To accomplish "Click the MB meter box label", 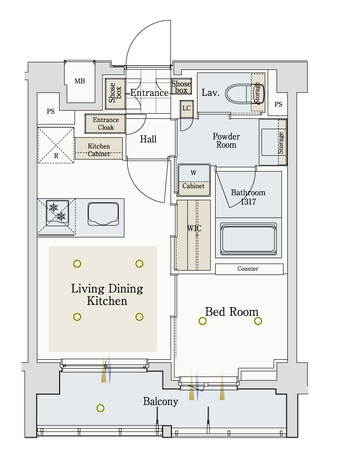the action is [80, 81].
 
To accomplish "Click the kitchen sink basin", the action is [103, 214].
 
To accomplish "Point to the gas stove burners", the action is [57, 212].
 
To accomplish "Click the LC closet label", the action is [187, 108].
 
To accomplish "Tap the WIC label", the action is [194, 228].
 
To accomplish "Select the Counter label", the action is [248, 269].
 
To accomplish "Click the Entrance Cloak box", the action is [105, 123].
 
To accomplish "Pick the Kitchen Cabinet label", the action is [99, 150].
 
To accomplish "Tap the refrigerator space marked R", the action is [56, 145].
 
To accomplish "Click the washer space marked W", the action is [193, 173].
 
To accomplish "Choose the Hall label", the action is [148, 139].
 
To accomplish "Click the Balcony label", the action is [161, 402].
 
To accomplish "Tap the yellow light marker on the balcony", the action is [101, 408].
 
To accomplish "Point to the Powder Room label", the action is [226, 141].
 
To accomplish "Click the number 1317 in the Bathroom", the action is [248, 202].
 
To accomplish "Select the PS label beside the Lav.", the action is [278, 104].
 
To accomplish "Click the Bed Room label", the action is [231, 312].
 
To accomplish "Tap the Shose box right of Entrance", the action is [181, 87].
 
